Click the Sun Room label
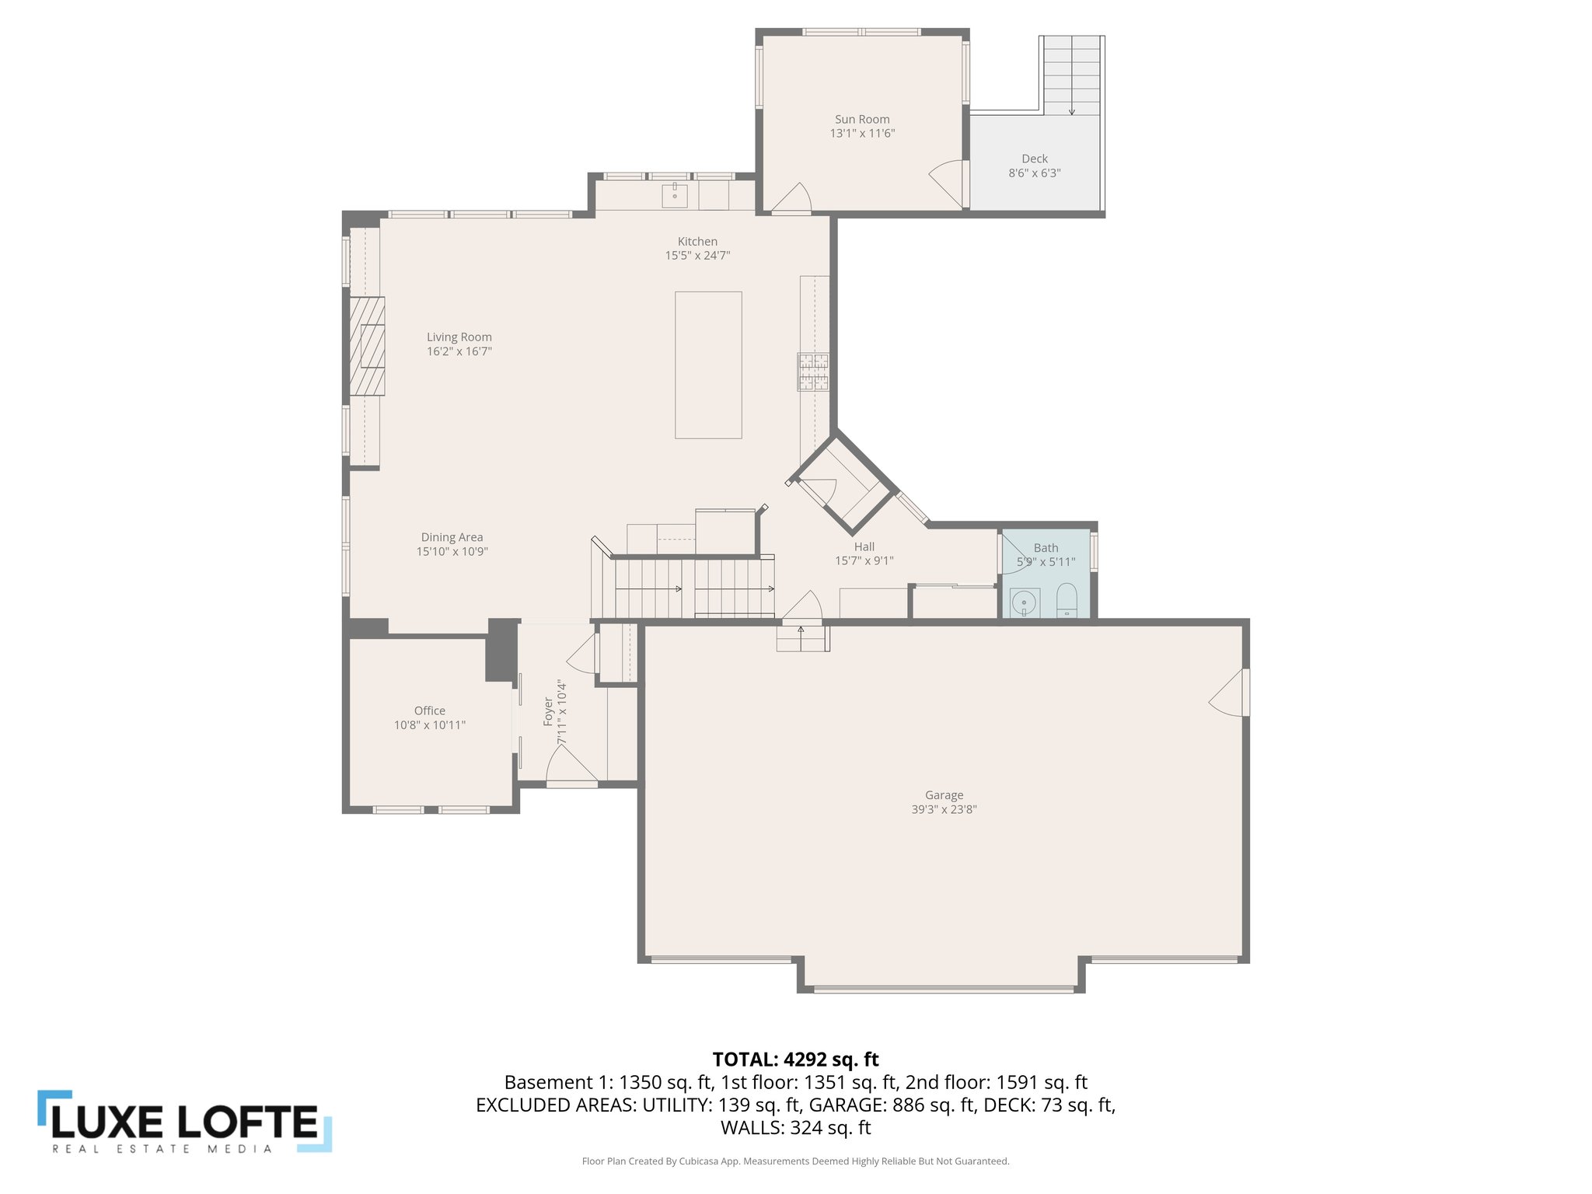tap(862, 119)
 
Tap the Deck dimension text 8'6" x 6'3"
tap(1034, 173)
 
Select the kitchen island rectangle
tap(707, 365)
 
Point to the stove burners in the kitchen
tap(813, 372)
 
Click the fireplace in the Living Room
tap(367, 346)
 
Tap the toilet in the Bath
tap(1067, 599)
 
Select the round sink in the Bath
tap(1025, 602)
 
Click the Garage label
tap(944, 794)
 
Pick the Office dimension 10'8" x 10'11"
tap(429, 725)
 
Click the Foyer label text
tap(548, 712)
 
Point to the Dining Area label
tap(452, 537)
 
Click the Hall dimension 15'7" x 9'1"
tap(864, 560)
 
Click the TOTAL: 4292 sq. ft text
tap(795, 1059)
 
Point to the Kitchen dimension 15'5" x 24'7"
tap(697, 255)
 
